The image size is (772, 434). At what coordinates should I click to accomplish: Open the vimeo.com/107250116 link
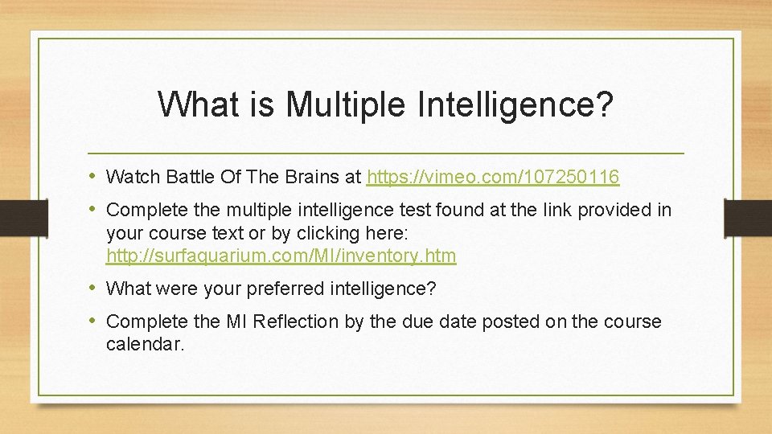(x=493, y=176)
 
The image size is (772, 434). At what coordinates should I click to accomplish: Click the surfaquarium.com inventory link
(x=281, y=256)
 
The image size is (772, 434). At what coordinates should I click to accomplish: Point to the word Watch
(x=132, y=176)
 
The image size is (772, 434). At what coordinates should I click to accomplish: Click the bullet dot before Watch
(x=95, y=176)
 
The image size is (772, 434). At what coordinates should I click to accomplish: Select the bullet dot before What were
(x=95, y=288)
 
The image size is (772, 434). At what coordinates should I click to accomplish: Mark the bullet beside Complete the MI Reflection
(x=95, y=321)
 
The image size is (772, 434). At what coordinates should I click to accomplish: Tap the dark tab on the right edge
(x=748, y=218)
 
